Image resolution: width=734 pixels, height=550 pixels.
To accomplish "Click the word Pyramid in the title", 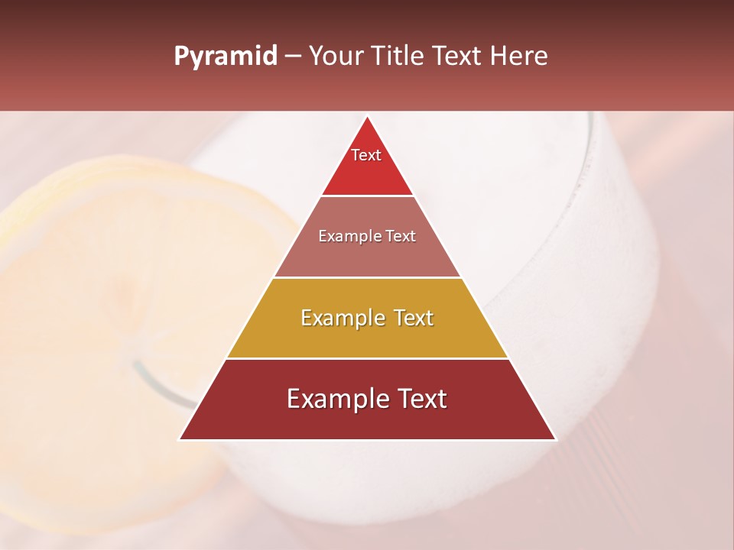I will tap(225, 57).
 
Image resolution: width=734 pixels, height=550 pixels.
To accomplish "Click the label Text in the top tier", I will tap(366, 155).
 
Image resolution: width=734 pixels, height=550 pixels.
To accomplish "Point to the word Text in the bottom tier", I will tap(419, 399).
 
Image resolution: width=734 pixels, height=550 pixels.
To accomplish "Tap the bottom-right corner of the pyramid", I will tap(555, 439).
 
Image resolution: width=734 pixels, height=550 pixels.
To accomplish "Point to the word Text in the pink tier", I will tap(401, 237).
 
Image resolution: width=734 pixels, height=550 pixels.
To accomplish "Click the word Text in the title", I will tap(458, 57).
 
